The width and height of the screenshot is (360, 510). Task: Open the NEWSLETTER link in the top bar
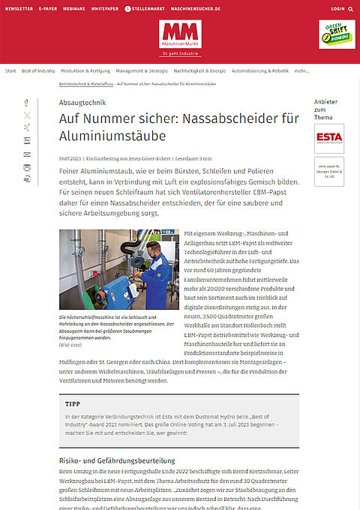pos(19,8)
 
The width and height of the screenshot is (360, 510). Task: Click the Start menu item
pos(10,70)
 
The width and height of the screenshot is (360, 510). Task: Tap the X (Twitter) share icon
pos(27,115)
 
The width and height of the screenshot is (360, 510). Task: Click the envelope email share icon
pos(27,154)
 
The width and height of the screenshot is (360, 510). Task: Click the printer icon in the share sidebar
pos(27,179)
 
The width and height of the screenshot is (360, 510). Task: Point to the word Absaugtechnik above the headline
pos(83,102)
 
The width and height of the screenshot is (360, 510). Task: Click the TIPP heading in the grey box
pos(73,403)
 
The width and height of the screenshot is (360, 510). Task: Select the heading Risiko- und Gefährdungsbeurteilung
pos(116,459)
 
